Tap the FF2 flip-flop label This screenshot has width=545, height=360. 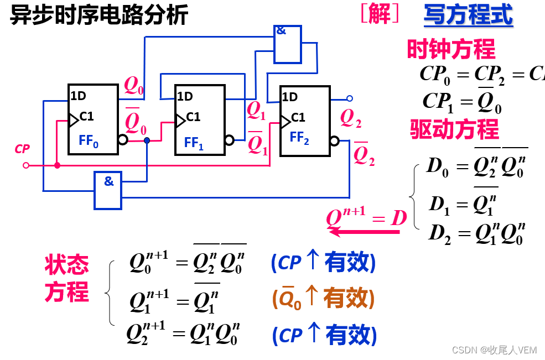pos(299,138)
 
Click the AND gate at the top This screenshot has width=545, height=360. pos(288,44)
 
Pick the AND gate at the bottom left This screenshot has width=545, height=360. pos(108,190)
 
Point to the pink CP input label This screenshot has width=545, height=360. pos(23,149)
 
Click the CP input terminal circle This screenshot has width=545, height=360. pos(25,165)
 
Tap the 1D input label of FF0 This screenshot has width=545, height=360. pos(79,96)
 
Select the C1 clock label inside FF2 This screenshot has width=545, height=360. pos(298,117)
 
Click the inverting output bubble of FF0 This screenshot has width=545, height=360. pos(122,140)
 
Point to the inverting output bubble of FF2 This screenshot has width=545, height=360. pos(334,141)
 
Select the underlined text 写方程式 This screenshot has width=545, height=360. pos(468,15)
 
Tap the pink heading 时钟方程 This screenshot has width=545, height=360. pos(451,49)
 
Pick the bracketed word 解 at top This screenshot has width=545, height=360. pos(380,14)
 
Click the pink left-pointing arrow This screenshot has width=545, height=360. pos(365,232)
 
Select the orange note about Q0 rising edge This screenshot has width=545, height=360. pos(324,299)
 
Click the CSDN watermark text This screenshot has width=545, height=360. pos(494,350)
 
